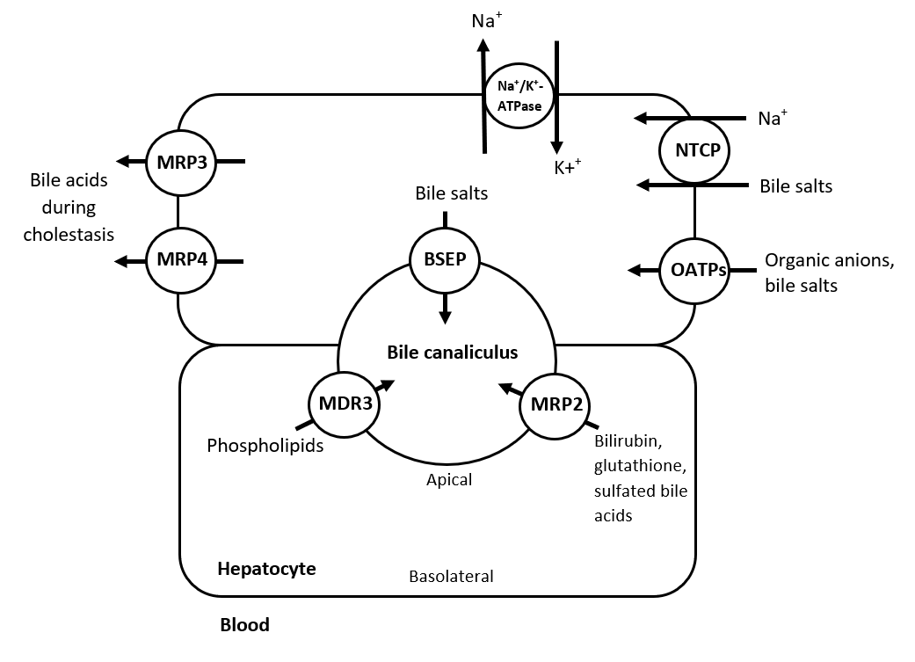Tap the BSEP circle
point(445,260)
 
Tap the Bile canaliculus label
point(453,353)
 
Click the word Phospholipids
point(265,446)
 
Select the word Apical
point(449,479)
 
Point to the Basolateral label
point(451,577)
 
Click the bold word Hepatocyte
point(266,568)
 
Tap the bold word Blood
point(244,626)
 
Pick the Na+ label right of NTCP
point(771,119)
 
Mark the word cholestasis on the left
point(69,235)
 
